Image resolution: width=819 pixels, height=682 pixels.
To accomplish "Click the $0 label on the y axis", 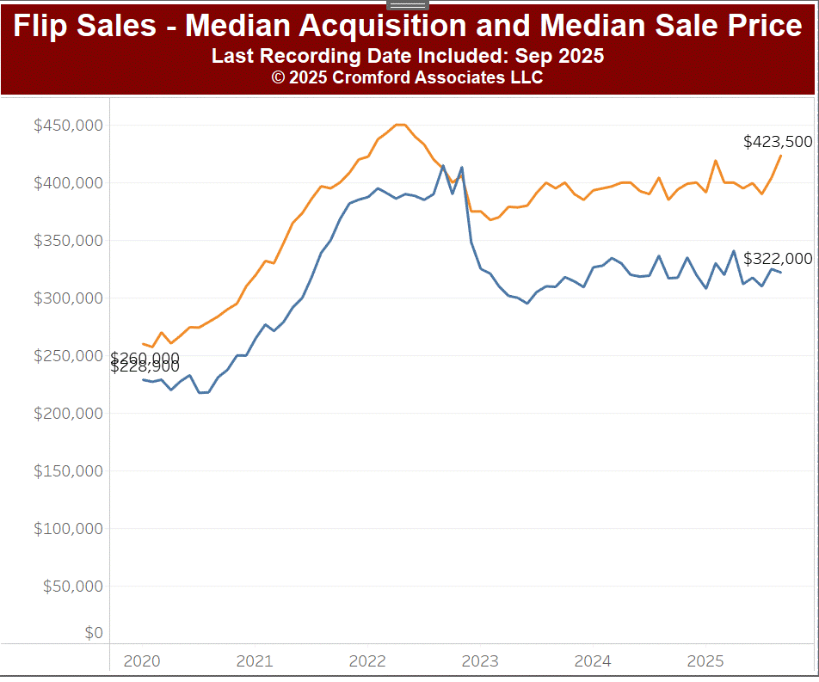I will tap(94, 634).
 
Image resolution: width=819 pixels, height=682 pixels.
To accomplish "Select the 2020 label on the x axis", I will tap(142, 661).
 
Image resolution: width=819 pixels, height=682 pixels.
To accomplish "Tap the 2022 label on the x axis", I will tap(367, 661).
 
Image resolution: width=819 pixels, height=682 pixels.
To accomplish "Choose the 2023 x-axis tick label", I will tap(480, 661).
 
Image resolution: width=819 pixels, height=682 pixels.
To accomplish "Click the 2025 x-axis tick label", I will tap(705, 661).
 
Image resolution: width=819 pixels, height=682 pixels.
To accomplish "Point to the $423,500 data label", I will tap(778, 142).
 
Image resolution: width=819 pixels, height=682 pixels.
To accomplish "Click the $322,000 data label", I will tap(778, 259).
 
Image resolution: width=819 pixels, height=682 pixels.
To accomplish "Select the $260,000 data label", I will tap(145, 357).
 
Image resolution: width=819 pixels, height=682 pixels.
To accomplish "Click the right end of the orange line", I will tap(781, 156).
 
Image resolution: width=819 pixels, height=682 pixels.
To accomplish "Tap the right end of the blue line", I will tap(780, 273).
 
